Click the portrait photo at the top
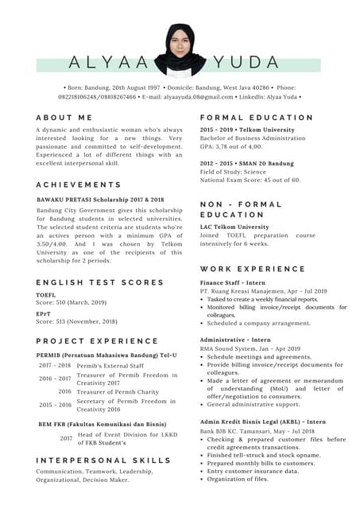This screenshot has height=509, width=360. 180,49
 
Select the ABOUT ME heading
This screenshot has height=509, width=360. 64,117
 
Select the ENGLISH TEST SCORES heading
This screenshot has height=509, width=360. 99,282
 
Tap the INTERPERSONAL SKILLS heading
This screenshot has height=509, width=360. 103,460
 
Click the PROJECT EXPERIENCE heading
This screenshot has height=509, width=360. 97,341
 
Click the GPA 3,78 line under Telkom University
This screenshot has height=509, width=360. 230,146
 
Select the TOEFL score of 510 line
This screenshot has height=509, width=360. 72,303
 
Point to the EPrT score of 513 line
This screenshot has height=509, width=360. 76,321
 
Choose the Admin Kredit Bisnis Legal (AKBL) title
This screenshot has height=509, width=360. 262,422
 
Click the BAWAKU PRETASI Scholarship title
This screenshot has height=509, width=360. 100,200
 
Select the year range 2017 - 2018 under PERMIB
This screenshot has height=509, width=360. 55,365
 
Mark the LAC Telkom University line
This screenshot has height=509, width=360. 234,227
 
